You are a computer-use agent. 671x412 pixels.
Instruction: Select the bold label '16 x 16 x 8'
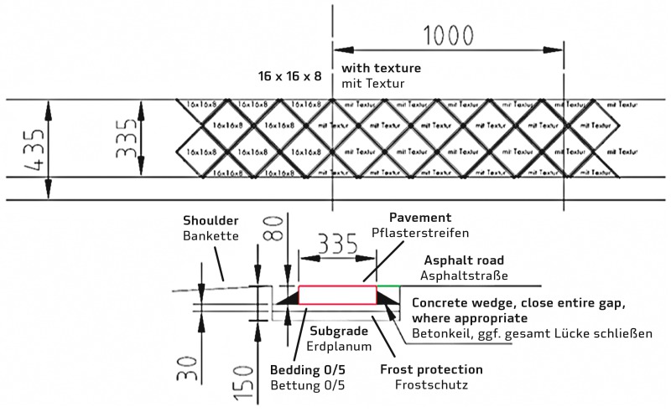pyautogui.click(x=289, y=76)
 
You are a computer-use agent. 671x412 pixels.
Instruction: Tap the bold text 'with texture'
pyautogui.click(x=382, y=68)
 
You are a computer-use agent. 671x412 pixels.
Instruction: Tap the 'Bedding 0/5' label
pyautogui.click(x=305, y=369)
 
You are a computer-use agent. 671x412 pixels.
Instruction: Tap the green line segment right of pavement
pyautogui.click(x=388, y=286)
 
